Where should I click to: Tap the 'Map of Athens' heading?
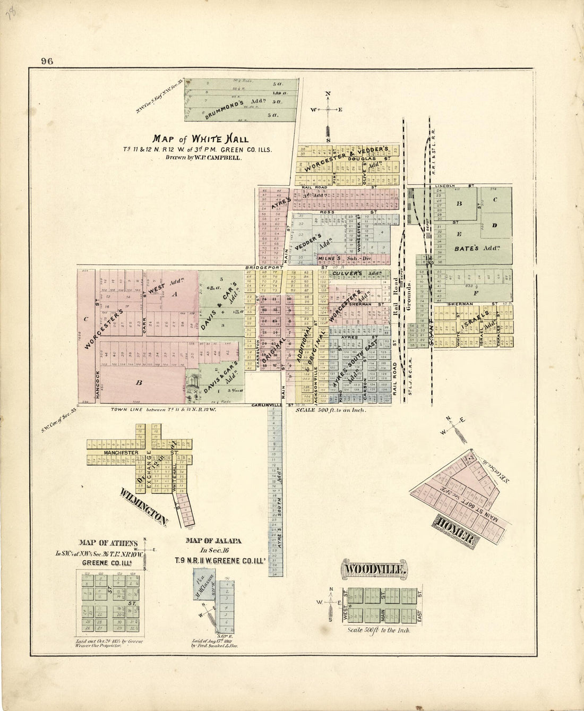click(x=108, y=543)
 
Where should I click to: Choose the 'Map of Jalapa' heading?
click(x=213, y=541)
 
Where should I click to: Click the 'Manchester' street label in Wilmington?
click(x=121, y=452)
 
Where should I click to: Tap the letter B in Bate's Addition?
click(x=459, y=203)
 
